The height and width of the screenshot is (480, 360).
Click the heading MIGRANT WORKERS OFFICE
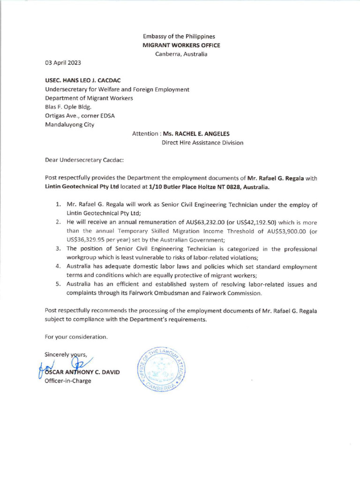pos(181,45)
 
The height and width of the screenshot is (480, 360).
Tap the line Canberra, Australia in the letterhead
pos(181,54)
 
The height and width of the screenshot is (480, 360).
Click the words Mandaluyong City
pos(69,125)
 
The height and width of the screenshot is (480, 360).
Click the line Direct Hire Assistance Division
pos(202,142)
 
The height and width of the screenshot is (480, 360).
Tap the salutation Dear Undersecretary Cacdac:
pos(84,160)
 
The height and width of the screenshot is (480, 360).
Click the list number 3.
pos(59,249)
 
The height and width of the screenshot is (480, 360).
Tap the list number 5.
pos(59,284)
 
